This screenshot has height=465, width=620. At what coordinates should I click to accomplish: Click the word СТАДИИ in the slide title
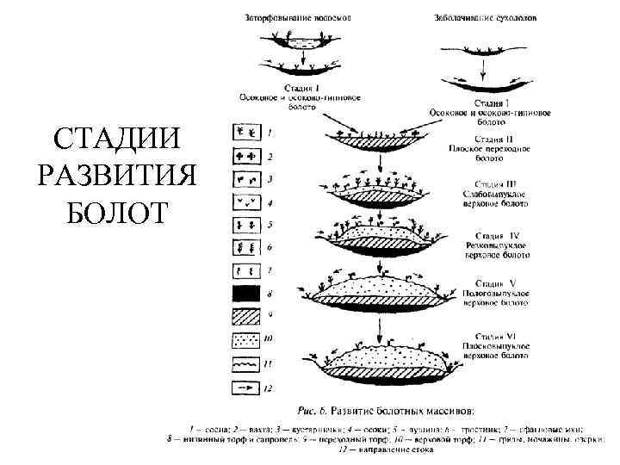point(118,138)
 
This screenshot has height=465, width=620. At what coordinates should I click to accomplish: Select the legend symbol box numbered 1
point(245,133)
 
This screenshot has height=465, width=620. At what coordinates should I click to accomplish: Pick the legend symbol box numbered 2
point(245,157)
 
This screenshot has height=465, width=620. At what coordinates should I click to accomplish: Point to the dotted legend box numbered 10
point(245,341)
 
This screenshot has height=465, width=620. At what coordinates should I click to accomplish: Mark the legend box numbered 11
point(245,364)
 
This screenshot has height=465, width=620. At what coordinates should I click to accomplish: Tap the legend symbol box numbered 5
point(245,226)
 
